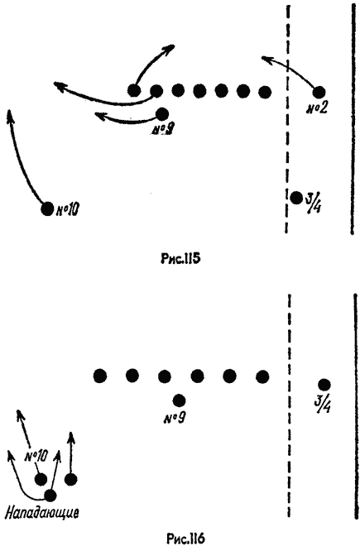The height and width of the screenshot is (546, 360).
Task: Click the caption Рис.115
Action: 180,259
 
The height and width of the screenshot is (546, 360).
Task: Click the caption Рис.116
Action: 185,539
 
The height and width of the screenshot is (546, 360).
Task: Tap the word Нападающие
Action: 42,512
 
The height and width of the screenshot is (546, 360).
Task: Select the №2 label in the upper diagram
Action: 316,109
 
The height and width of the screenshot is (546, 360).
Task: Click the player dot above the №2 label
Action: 319,93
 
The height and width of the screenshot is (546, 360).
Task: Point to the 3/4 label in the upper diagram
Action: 313,204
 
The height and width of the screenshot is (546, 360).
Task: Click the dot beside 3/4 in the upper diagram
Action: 296,198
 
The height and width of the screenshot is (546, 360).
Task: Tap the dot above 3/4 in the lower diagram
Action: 324,385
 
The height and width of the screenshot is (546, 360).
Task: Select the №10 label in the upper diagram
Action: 67,210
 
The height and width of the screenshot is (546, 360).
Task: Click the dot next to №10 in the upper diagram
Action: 47,209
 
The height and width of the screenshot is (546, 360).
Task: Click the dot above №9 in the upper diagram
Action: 162,113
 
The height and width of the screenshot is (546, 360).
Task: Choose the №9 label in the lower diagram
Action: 173,417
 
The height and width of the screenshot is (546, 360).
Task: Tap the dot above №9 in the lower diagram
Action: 179,400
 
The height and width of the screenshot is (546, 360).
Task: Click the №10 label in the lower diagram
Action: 36,457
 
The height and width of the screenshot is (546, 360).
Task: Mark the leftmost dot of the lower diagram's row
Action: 100,376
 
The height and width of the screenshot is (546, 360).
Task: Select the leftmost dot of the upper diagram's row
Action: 134,90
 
